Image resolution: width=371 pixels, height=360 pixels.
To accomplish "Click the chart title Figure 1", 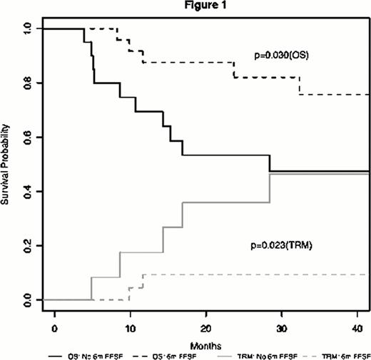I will click(206, 6).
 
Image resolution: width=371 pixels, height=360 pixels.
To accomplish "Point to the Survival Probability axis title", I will click(7, 164).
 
